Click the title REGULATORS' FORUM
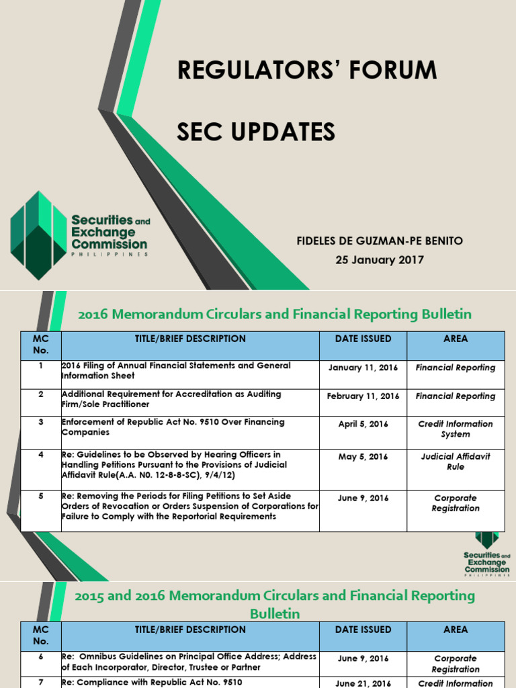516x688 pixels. point(307,71)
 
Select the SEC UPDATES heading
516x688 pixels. point(256,132)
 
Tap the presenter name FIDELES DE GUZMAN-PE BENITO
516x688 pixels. point(380,241)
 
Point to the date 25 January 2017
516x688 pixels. point(380,260)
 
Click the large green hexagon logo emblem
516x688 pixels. point(39,235)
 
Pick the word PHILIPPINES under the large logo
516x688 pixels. point(110,255)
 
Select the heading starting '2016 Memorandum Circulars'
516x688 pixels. point(275,314)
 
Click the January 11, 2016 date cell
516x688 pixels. point(363,368)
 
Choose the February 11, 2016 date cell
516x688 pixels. point(363,396)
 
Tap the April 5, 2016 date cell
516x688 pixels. point(363,425)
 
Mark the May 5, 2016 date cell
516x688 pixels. point(363,457)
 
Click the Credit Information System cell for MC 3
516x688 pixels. point(455,429)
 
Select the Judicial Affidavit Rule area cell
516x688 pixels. point(455,462)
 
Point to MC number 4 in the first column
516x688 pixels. point(41,456)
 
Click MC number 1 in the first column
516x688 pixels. point(41,366)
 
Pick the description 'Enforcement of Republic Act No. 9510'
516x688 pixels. point(173,427)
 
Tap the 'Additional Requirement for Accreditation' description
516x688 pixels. point(171,399)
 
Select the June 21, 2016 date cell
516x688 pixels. point(363,683)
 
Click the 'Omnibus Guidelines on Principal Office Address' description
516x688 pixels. point(189,662)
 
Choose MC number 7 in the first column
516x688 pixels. point(41,683)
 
